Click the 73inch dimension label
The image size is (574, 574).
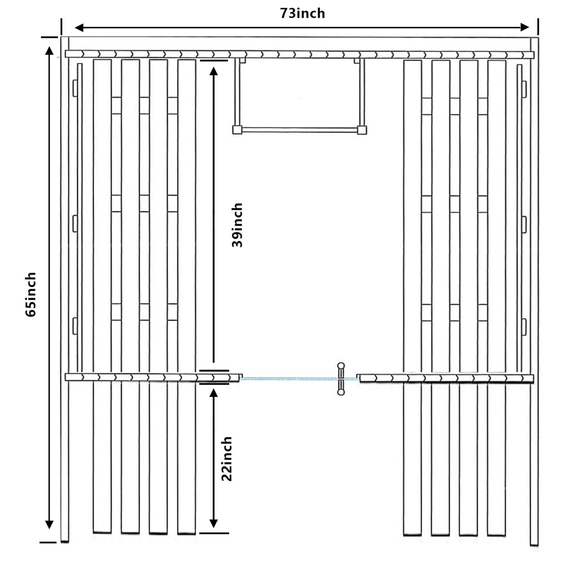(x=303, y=13)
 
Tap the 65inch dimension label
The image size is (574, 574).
(x=30, y=294)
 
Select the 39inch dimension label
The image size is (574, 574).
(x=237, y=225)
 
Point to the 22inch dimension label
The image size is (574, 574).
(x=226, y=459)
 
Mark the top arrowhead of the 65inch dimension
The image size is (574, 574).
(x=49, y=49)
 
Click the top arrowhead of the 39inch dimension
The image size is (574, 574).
(x=213, y=72)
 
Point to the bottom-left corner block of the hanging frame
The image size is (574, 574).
(x=237, y=130)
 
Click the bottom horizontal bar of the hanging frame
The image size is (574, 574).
(x=299, y=130)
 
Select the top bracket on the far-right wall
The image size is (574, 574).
(x=523, y=88)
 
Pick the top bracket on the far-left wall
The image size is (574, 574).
(x=75, y=87)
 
